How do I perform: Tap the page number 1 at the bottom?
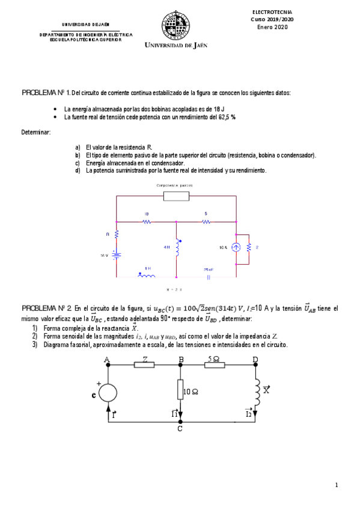[337, 485]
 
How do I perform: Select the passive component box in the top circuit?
[176, 197]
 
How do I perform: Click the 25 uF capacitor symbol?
[208, 277]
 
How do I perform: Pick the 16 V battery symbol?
[117, 254]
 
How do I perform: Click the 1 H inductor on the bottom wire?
[146, 277]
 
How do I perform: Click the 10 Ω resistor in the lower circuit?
[180, 390]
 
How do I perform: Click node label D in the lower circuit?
[255, 360]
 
